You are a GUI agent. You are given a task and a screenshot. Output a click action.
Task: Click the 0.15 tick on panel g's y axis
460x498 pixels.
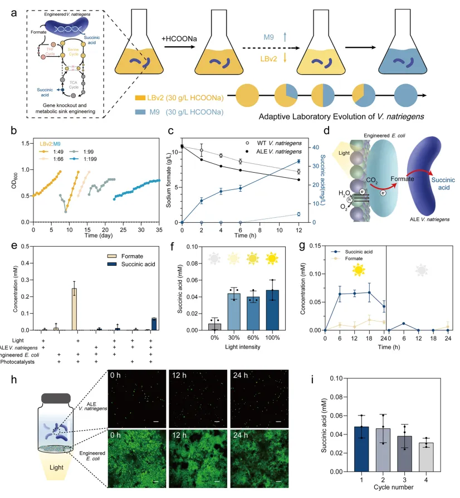coord(329,246)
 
